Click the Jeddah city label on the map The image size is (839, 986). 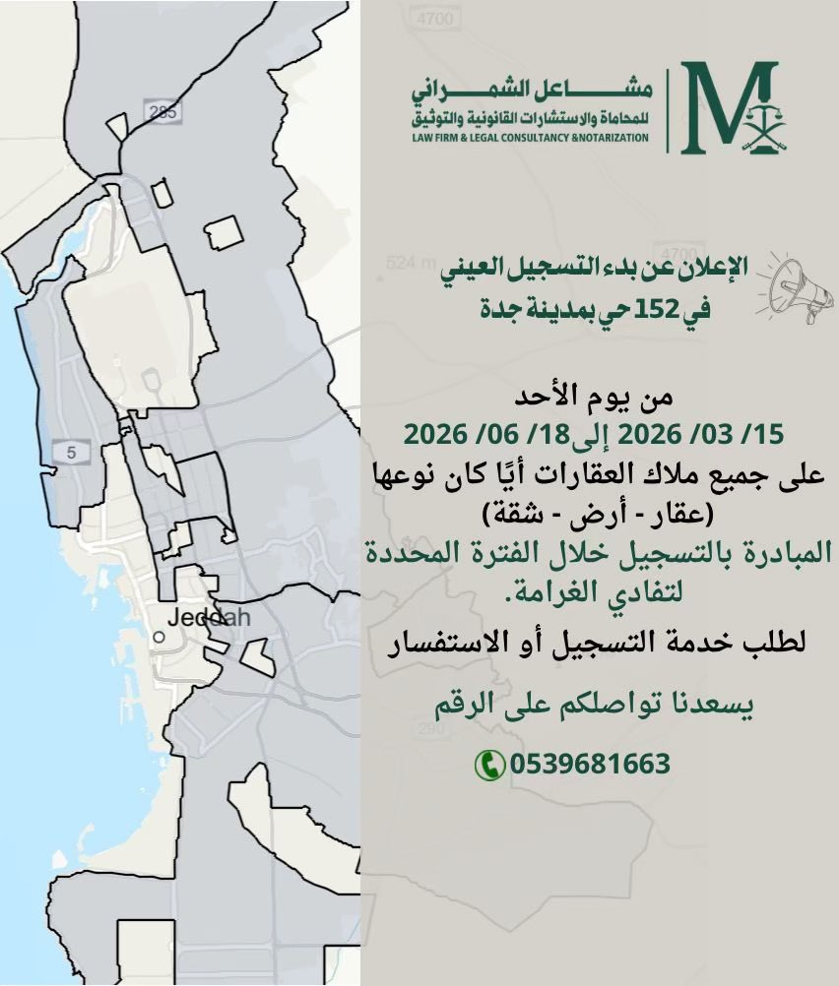coord(209,618)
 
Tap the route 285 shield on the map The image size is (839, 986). coord(160,111)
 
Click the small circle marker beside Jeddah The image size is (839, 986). coord(158,637)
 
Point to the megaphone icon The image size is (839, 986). coord(795,285)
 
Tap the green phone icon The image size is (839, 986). coord(487,764)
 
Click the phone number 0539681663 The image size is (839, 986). coord(590,764)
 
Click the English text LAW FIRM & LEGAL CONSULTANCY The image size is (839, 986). coord(532,138)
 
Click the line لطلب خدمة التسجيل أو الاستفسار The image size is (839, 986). coord(595,644)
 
